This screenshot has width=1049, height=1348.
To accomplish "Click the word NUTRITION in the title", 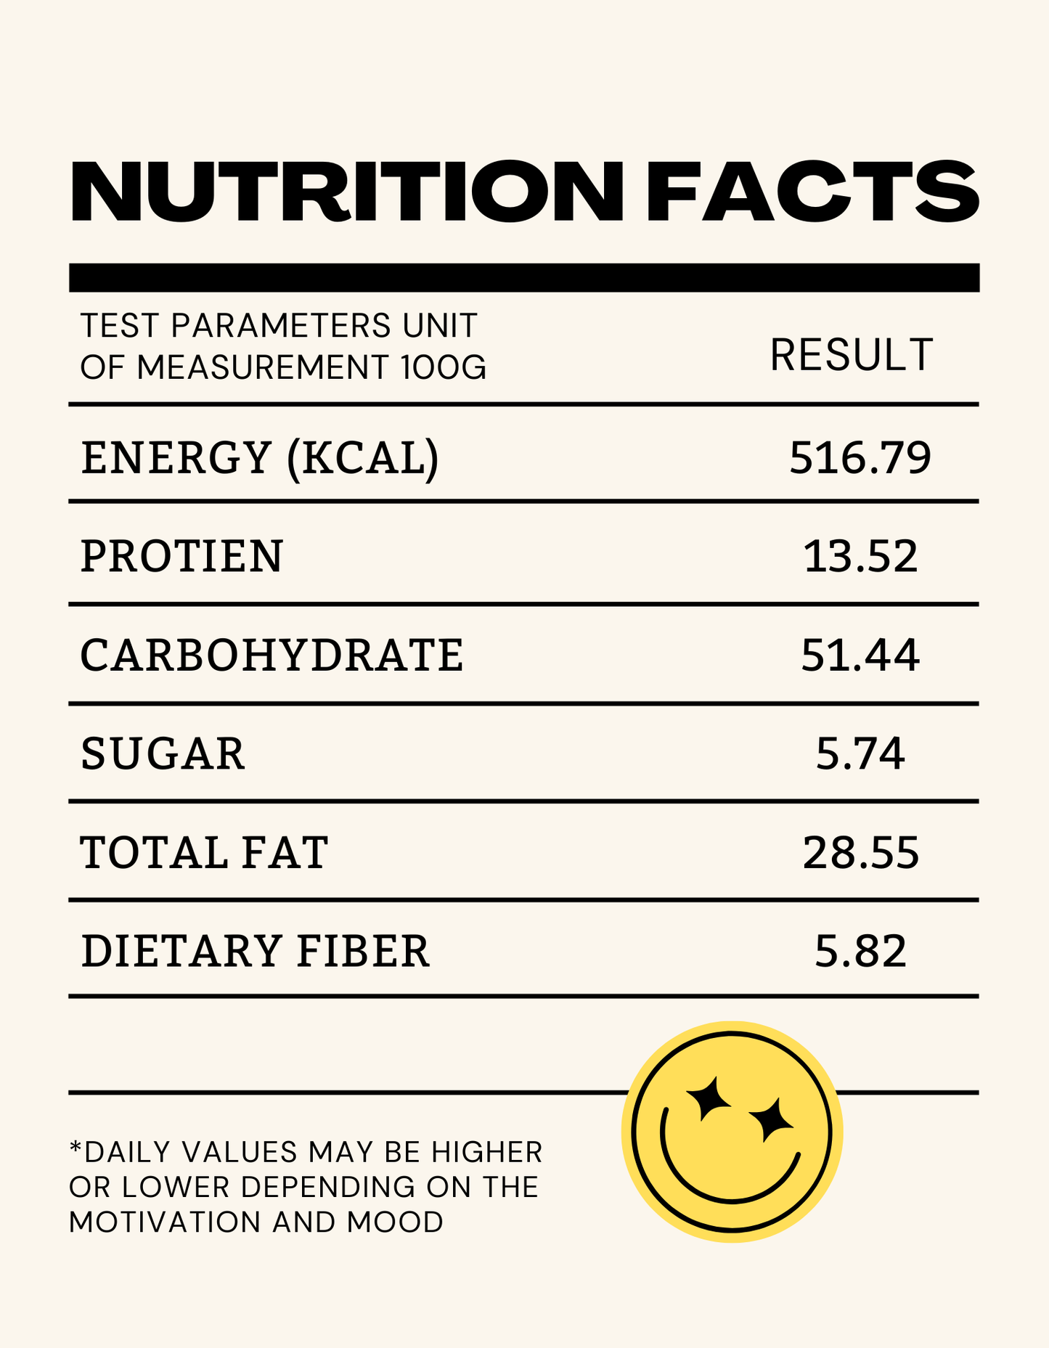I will [346, 192].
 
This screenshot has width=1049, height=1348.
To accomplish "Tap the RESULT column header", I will [851, 355].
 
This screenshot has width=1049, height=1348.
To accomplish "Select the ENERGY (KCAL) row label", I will [260, 458].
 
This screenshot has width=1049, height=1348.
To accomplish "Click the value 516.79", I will [860, 458].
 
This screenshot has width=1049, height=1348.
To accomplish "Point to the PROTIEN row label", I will [181, 557].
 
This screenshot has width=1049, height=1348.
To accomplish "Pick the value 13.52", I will [860, 557].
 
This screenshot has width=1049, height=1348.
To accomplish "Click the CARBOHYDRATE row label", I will [272, 655].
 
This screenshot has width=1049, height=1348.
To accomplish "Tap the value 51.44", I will [860, 655].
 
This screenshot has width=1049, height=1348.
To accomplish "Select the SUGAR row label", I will [163, 753].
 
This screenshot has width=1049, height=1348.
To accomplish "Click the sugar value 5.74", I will [860, 753].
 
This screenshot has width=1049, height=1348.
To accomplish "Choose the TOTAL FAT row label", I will [204, 852].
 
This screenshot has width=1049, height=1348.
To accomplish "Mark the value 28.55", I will [860, 852].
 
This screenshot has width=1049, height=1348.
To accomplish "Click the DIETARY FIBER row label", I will [255, 951].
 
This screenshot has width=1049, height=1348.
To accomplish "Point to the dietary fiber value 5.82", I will [860, 951].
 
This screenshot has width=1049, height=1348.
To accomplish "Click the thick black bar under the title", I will [524, 277].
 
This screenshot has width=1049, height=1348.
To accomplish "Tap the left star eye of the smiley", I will [709, 1098].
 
